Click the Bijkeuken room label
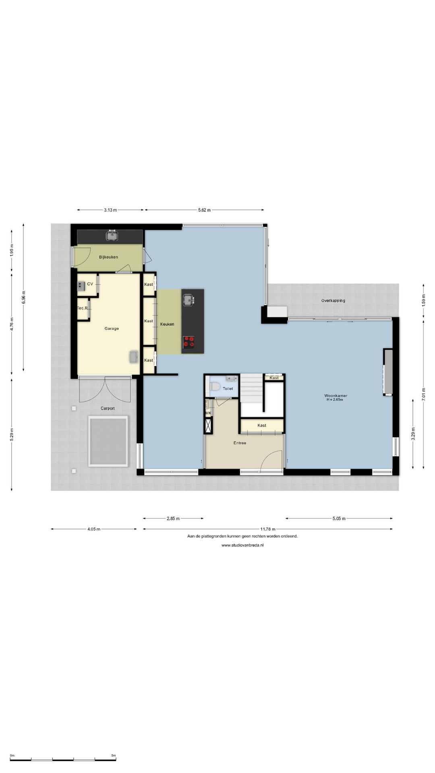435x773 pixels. coord(108,257)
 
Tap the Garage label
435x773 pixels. coord(112,329)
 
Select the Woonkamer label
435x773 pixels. coord(336,396)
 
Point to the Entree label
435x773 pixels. coord(240,443)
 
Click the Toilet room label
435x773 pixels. coord(228,389)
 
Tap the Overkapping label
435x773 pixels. coord(333,300)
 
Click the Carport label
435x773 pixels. coord(108,408)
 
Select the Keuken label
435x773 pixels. coord(167,324)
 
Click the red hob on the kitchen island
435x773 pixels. coord(188,342)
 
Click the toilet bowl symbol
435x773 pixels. coord(215,387)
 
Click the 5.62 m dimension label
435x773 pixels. coord(205,210)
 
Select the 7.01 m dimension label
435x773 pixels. coord(423,393)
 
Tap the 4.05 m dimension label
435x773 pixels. coord(93,529)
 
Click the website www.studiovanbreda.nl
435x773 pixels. coord(242,545)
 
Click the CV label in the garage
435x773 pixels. coord(90,284)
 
